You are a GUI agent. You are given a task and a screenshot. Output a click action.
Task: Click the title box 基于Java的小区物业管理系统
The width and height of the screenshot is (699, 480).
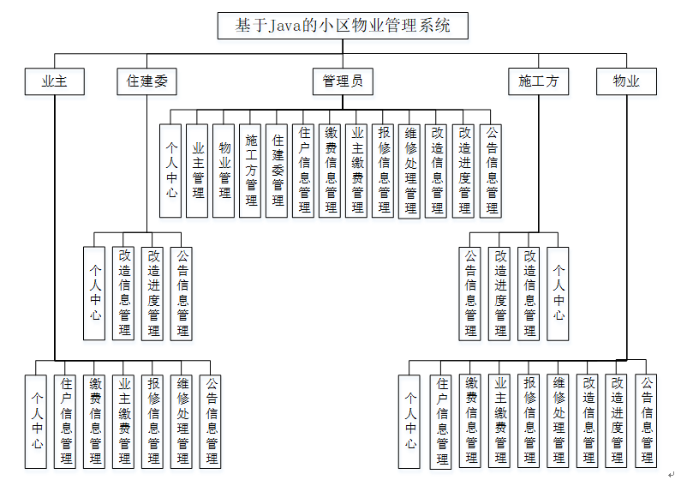click(343, 26)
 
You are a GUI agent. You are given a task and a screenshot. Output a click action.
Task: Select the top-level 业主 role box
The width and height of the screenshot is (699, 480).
click(54, 81)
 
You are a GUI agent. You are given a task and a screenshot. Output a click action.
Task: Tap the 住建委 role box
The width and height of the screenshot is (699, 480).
click(146, 81)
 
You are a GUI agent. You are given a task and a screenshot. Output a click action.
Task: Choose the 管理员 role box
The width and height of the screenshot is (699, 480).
click(343, 81)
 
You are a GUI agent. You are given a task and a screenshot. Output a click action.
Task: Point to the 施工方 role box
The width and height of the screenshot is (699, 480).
click(538, 81)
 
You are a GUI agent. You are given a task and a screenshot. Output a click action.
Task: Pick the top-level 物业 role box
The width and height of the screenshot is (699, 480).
click(626, 81)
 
